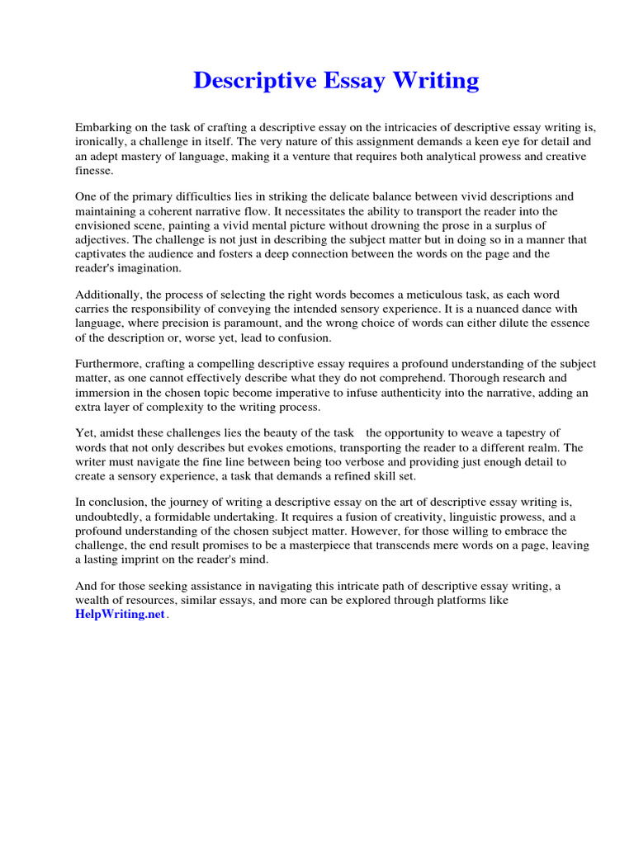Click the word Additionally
(x=109, y=295)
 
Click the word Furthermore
(x=109, y=364)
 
